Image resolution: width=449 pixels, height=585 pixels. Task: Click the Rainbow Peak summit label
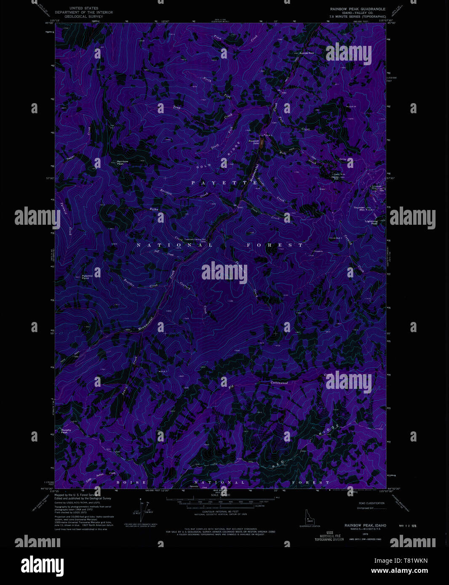[x=123, y=162]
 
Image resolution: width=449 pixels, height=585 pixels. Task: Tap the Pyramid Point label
[x=86, y=277]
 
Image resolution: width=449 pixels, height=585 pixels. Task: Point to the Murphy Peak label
[x=66, y=431]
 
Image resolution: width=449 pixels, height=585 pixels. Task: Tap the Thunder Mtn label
[x=359, y=208]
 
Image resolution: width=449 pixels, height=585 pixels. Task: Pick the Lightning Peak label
[x=371, y=222]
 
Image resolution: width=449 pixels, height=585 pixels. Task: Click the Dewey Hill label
[x=335, y=178]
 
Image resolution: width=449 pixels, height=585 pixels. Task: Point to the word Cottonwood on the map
[x=279, y=383]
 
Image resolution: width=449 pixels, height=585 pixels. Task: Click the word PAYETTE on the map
[x=224, y=183]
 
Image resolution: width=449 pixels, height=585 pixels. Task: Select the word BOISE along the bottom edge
[x=131, y=482]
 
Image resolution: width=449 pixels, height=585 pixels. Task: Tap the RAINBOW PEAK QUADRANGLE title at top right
[x=358, y=9]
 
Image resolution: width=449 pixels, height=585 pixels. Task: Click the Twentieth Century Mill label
[x=195, y=239]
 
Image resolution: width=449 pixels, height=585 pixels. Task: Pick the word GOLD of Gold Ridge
[x=204, y=166]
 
